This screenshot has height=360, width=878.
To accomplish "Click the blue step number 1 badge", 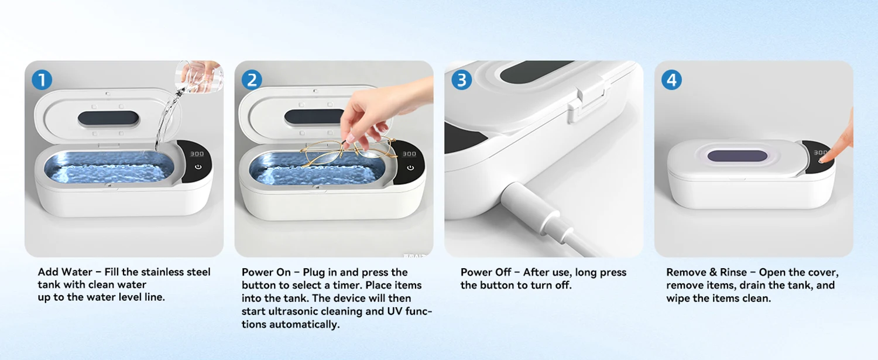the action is point(42,80).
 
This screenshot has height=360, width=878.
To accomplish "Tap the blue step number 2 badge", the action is point(252,80).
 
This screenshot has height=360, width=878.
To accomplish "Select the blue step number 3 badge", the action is point(462,80).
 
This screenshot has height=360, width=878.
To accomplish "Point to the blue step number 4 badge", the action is point(671,80).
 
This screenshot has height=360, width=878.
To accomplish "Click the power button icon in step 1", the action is point(198,167).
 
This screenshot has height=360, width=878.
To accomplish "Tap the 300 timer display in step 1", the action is point(197,154).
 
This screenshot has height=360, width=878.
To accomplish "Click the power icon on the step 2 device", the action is point(410,168).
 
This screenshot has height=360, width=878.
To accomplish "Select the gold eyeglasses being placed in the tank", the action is point(349,152).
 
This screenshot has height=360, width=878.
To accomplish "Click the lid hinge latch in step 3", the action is point(588,100).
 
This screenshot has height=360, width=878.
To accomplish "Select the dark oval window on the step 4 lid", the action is point(738,156).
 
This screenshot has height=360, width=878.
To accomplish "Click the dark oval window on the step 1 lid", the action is point(108,118).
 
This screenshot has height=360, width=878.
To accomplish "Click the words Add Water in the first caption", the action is point(65,272).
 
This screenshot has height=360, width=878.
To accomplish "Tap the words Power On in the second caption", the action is point(266,272).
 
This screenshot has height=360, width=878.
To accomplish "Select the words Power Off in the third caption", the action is point(486,272).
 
